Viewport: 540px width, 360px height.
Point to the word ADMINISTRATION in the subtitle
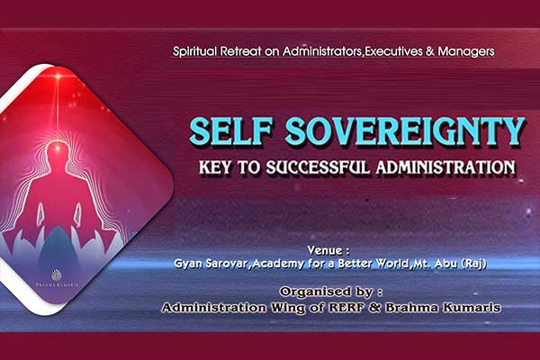point(445,167)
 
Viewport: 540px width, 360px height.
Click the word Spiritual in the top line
point(194,51)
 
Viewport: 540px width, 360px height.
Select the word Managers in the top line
point(466,51)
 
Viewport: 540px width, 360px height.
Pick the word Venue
point(326,250)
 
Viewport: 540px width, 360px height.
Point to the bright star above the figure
point(58,76)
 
